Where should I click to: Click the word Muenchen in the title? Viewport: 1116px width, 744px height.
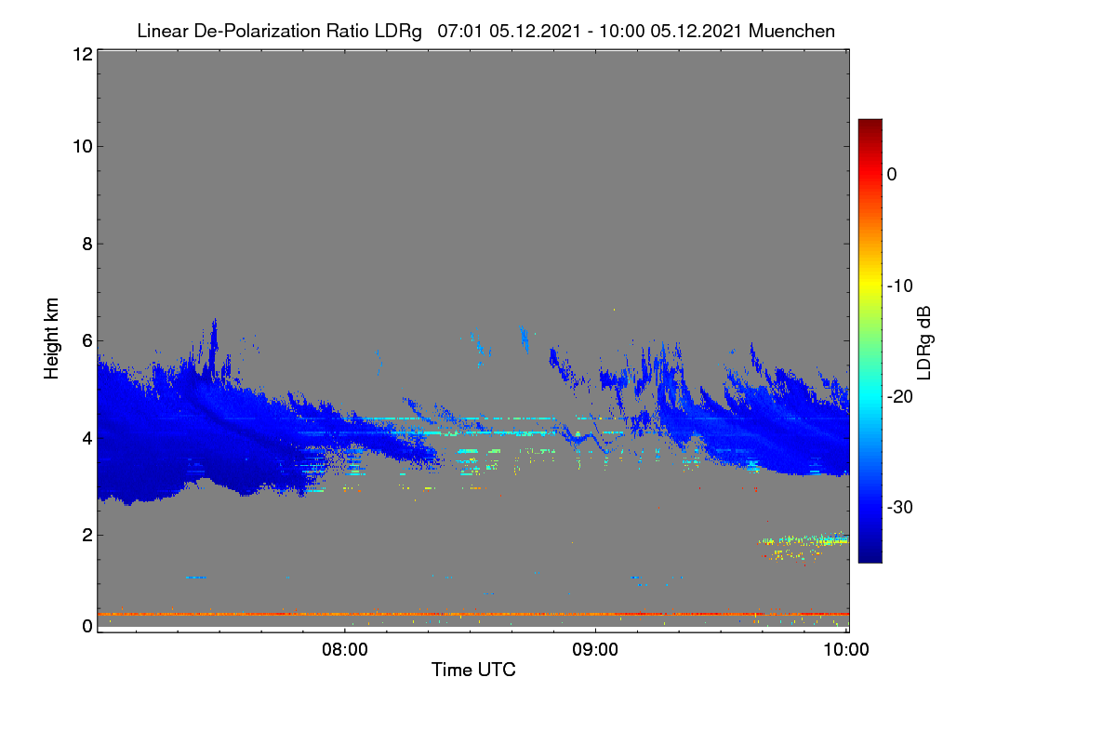coord(791,31)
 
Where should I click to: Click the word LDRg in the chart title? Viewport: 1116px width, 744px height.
coord(398,32)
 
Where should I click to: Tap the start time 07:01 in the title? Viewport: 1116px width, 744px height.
coord(459,31)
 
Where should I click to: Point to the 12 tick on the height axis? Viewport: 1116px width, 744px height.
coord(83,54)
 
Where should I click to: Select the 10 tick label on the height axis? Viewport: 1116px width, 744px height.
coord(83,147)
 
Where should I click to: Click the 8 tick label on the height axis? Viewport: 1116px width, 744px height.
coord(87,244)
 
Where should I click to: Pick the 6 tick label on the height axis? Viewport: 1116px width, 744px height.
coord(87,341)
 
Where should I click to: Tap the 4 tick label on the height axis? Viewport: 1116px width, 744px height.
coord(87,439)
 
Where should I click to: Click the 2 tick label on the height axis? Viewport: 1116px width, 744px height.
coord(87,535)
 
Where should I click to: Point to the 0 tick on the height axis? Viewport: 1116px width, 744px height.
coord(87,626)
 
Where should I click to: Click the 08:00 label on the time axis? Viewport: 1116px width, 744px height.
coord(345,649)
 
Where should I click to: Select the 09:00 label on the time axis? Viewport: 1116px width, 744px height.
coord(595,649)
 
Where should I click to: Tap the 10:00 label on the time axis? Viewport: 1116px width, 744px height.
coord(846,649)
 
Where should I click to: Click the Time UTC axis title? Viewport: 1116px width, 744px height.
coord(473,670)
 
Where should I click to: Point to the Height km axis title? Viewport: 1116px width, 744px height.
coord(51,339)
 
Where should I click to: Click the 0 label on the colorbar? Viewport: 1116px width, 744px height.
coord(892,175)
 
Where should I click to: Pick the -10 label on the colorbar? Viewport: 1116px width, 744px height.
coord(900,286)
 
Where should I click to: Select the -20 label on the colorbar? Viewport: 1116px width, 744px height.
coord(900,397)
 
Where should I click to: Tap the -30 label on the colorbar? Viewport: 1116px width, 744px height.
coord(900,507)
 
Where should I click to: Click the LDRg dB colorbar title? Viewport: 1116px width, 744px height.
coord(924,343)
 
